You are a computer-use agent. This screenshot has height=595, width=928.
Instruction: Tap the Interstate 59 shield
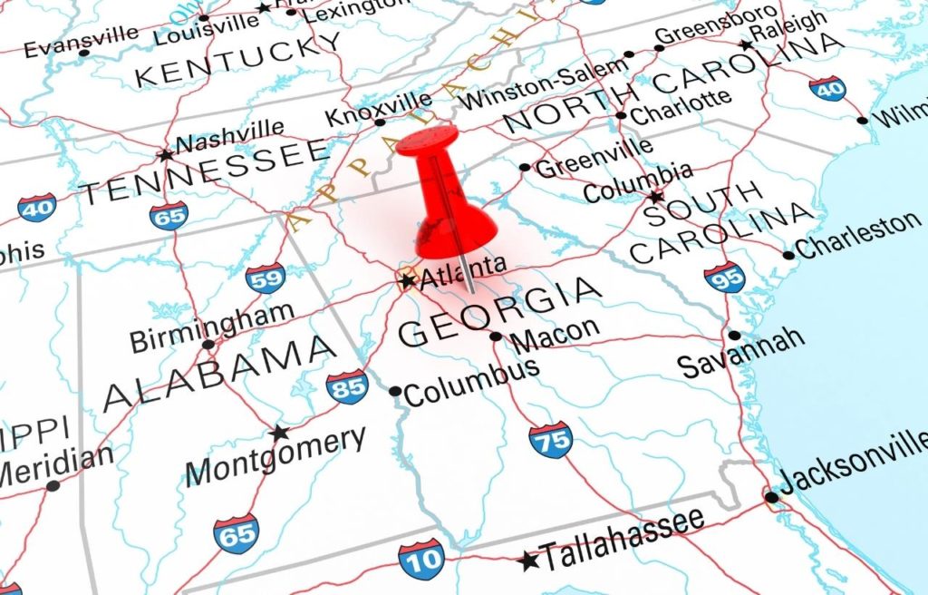(266, 277)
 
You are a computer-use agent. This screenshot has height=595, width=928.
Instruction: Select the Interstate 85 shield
(347, 387)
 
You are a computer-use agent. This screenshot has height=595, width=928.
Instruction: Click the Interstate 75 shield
(551, 440)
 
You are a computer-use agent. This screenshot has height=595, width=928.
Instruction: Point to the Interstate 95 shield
(724, 276)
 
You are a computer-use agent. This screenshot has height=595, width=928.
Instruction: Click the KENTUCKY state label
(238, 60)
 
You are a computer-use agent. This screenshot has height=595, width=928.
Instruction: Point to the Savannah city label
(742, 352)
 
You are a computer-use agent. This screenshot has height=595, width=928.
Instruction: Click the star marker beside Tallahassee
(528, 561)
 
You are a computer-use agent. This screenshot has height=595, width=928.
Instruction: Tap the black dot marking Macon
(496, 337)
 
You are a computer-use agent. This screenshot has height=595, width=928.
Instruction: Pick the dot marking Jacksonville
(771, 497)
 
